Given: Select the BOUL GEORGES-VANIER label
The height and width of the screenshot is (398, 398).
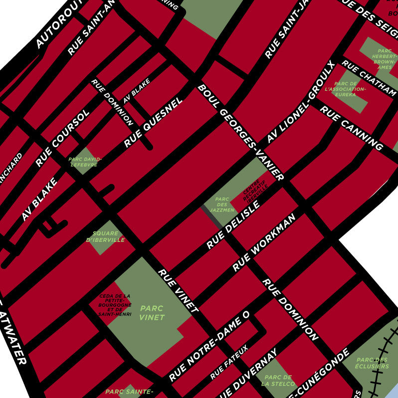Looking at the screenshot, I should coord(241,132).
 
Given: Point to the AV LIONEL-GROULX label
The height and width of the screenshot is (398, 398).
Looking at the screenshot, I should coord(299,102).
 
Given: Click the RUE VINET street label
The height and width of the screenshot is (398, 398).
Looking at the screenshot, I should coord(178,291).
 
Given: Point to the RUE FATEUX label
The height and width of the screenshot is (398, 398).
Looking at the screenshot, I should coord(229,361).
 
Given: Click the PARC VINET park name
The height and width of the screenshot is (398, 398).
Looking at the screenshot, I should coord(152,313).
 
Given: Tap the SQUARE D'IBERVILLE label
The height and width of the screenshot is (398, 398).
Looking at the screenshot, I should coord(105,236).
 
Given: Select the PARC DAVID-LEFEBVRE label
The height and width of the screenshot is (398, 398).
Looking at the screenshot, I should coord(85,162).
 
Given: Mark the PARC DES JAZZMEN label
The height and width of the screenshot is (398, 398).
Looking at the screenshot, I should coord(222,204).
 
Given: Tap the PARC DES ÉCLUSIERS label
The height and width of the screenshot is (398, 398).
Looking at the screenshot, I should coord(373,363).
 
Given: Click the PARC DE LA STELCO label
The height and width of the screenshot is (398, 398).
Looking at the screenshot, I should coord(278,381).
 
